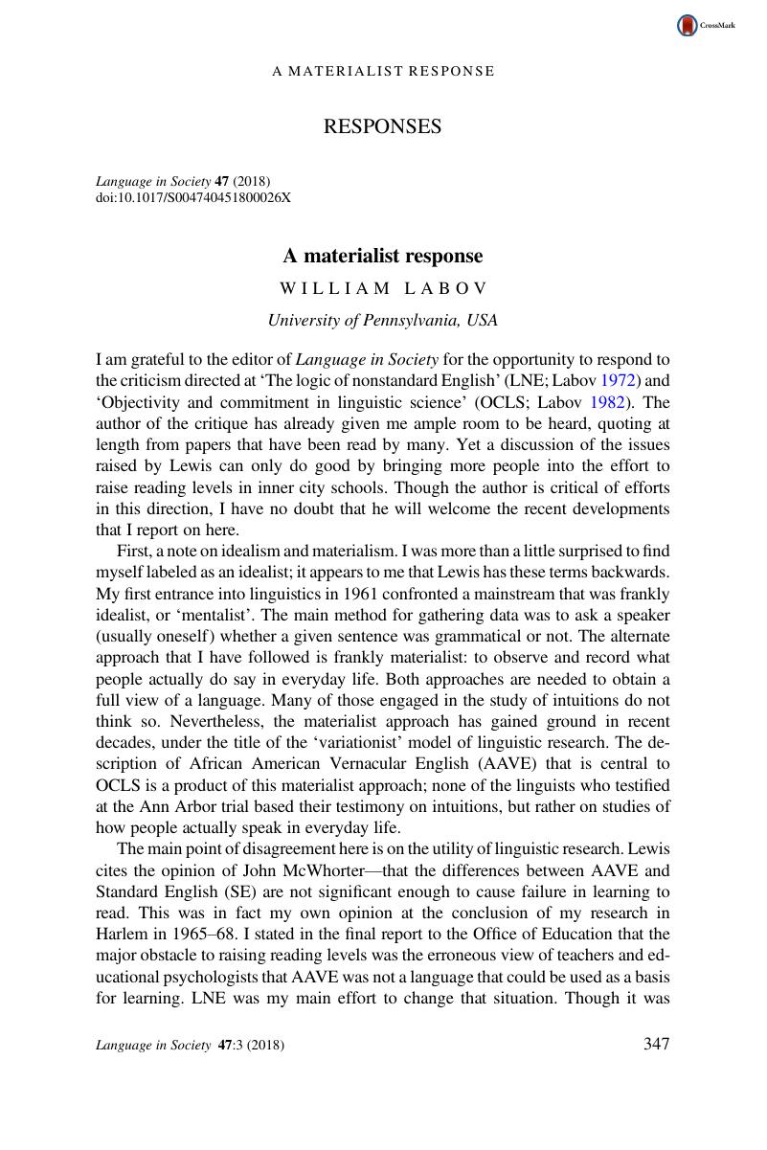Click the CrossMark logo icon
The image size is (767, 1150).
pyautogui.click(x=688, y=26)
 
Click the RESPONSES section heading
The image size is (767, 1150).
pyautogui.click(x=383, y=126)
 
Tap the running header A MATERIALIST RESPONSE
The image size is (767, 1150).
pyautogui.click(x=383, y=71)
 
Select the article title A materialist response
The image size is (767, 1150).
pyautogui.click(x=383, y=256)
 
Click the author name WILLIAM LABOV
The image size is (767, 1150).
pyautogui.click(x=383, y=288)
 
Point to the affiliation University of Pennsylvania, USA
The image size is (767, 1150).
pyautogui.click(x=383, y=320)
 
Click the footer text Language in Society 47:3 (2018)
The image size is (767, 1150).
pyautogui.click(x=190, y=1046)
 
